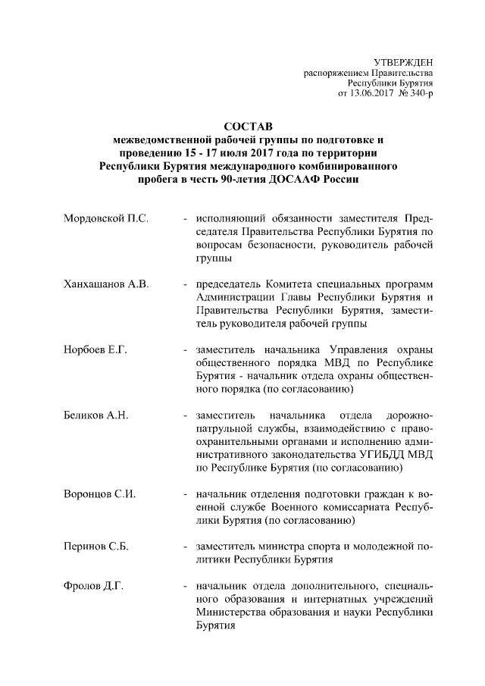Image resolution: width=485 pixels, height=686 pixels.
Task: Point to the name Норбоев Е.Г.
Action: tap(97, 349)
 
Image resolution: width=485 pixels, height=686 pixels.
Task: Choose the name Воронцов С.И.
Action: tap(101, 494)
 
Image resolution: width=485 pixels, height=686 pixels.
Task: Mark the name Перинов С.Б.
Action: tap(98, 546)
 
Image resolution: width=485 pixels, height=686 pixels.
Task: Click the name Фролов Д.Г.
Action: tap(94, 586)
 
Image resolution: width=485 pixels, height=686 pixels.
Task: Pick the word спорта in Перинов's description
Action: tap(318, 546)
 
